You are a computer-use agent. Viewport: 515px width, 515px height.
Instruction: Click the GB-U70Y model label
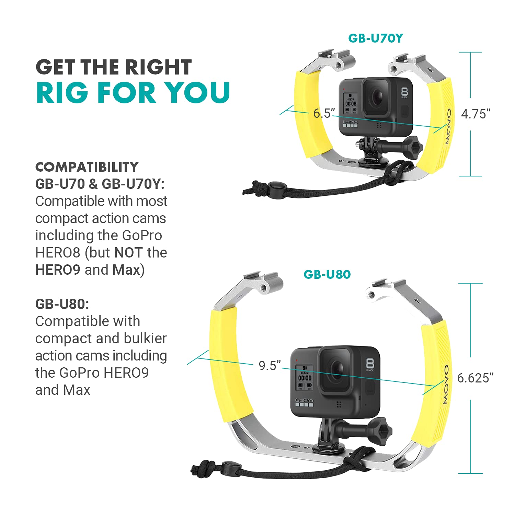375,38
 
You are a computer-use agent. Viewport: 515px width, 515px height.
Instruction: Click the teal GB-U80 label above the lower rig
327,274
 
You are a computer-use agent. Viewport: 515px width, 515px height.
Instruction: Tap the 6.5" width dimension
324,113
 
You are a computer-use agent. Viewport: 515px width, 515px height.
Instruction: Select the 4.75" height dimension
476,114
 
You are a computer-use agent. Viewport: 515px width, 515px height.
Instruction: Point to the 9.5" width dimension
270,366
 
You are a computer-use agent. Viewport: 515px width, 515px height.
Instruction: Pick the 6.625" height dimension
475,378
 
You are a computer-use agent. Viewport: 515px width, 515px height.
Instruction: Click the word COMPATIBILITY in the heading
87,167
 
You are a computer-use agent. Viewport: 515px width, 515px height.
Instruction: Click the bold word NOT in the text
128,253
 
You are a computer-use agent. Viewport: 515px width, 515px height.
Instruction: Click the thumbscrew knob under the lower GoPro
381,429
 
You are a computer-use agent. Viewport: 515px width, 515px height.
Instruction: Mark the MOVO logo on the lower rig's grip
445,385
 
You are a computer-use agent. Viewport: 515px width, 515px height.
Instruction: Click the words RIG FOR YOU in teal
133,92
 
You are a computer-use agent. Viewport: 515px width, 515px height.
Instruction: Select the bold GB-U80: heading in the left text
62,304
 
